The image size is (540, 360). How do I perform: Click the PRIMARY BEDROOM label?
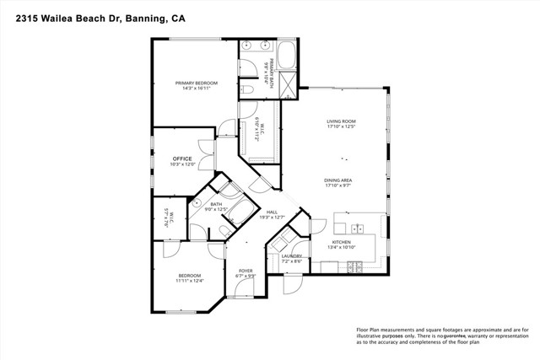pyautogui.click(x=196, y=83)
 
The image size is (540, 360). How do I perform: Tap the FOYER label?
pyautogui.click(x=245, y=271)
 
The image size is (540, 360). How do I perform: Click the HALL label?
pyautogui.click(x=272, y=212)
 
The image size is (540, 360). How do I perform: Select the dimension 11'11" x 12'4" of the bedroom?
pyautogui.click(x=189, y=281)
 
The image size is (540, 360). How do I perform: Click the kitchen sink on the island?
pyautogui.click(x=356, y=228)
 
